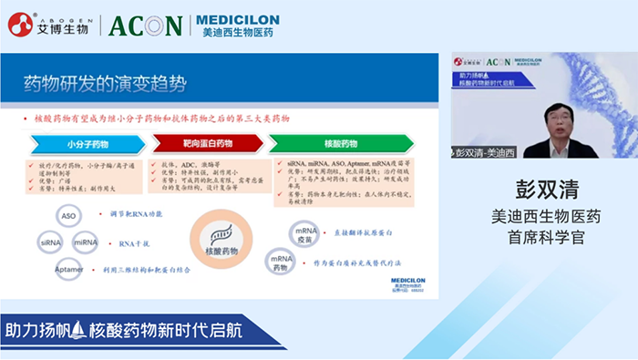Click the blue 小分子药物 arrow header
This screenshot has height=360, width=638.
click(87, 144)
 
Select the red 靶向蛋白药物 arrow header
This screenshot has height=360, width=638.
click(205, 144)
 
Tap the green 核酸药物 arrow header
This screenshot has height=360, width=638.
click(341, 144)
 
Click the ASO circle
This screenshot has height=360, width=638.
click(68, 216)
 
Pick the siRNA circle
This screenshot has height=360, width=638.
click(51, 242)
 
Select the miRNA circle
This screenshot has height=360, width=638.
click(86, 242)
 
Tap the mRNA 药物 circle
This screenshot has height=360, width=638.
click(281, 261)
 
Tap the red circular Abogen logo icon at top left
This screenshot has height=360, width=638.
click(20, 25)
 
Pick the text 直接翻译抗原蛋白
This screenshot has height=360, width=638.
click(364, 233)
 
